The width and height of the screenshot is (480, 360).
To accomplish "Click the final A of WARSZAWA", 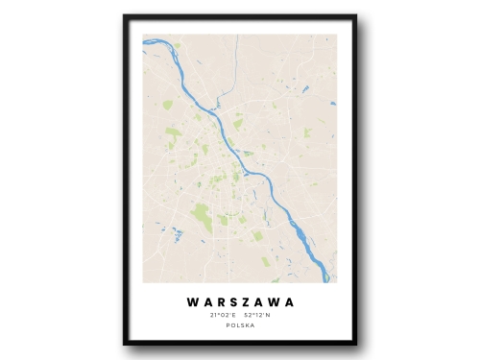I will tap(289, 301).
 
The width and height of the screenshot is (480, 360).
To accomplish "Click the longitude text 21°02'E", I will tap(222, 315).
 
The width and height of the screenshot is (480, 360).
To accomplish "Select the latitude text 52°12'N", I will tap(258, 315).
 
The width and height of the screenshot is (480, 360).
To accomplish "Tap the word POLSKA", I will tap(240, 326).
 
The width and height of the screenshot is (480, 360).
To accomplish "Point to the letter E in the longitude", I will tap(231, 315).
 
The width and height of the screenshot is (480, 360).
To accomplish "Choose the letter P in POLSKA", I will tap(228, 326).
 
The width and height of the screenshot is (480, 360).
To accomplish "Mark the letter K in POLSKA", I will tap(247, 326).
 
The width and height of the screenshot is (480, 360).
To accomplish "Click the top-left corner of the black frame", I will tap(125, 16).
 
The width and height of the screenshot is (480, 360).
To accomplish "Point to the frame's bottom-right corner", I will tap(355, 344).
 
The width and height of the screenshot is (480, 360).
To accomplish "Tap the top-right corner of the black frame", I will tap(355, 16).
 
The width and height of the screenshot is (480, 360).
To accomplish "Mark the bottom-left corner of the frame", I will tap(125, 344).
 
